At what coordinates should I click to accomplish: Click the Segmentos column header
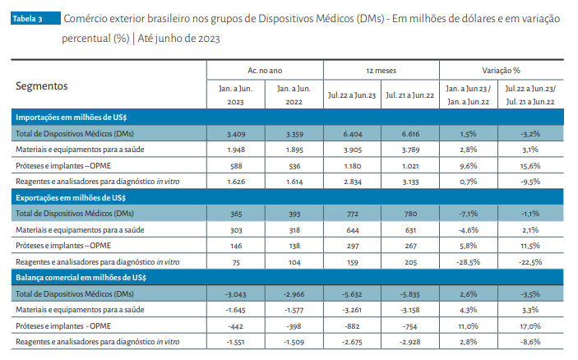[x=42, y=86]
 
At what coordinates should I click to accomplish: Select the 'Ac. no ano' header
[x=264, y=72]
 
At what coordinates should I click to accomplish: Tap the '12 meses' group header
[x=381, y=72]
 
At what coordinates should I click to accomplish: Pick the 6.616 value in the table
[x=409, y=133]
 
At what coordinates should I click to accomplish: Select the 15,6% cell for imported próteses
[x=529, y=164]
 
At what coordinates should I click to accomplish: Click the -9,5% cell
[x=529, y=180]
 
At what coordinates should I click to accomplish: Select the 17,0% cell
[x=529, y=325]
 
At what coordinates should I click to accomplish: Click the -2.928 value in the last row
[x=409, y=341]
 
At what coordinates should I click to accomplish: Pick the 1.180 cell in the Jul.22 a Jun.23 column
[x=352, y=164]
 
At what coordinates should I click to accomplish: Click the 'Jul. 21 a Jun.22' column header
[x=409, y=95]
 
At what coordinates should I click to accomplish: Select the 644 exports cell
[x=352, y=229]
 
